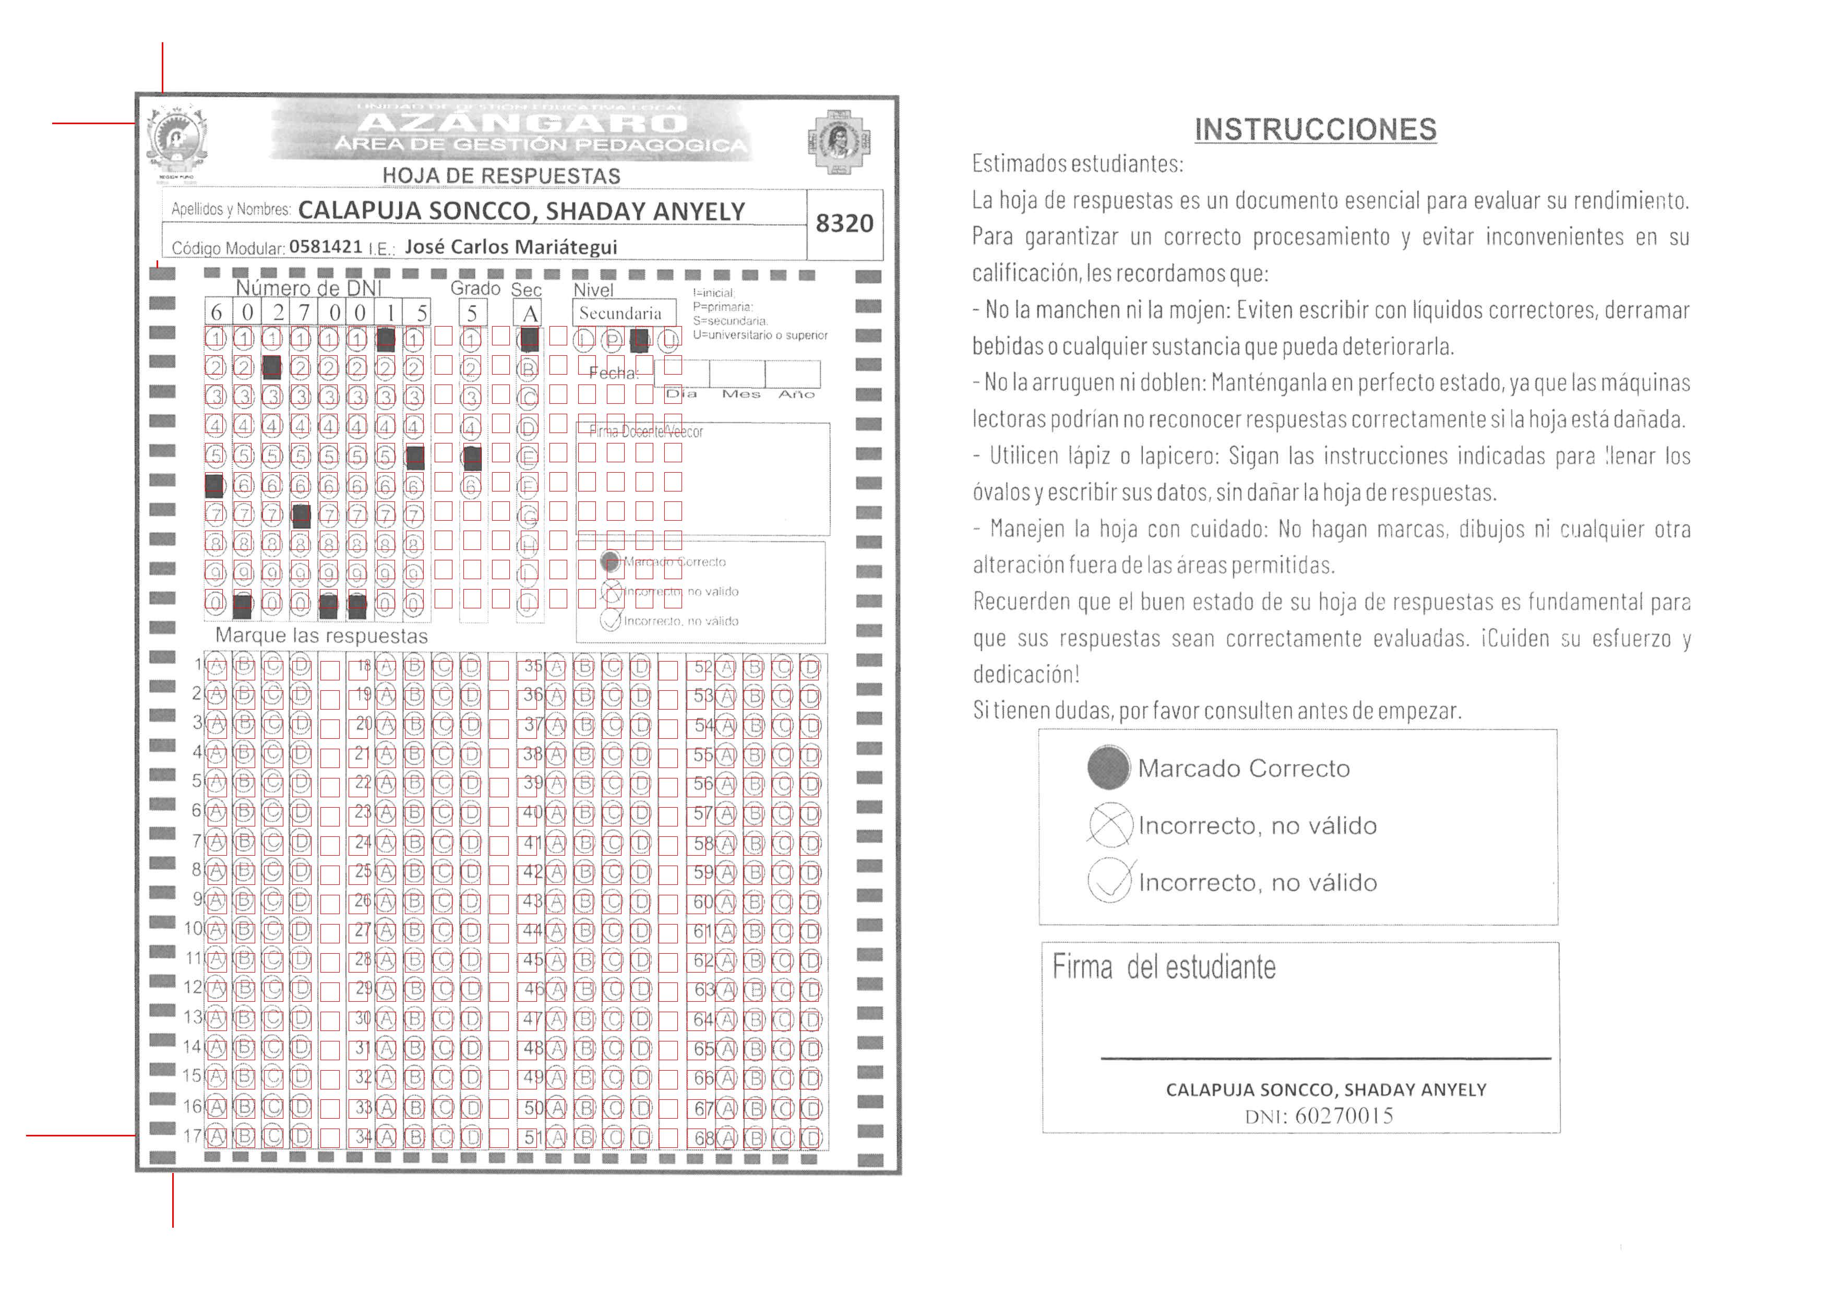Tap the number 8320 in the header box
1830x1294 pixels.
[844, 224]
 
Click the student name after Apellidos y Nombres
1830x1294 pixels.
[521, 211]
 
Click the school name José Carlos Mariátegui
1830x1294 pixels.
[511, 247]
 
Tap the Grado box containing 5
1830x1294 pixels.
[472, 313]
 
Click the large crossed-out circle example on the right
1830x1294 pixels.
[1109, 825]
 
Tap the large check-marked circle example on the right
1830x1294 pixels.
[1109, 881]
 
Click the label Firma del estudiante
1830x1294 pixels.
[1164, 967]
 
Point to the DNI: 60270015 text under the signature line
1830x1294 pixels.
[1319, 1116]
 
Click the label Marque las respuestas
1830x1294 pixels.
[321, 636]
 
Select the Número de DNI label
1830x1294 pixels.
[308, 287]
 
